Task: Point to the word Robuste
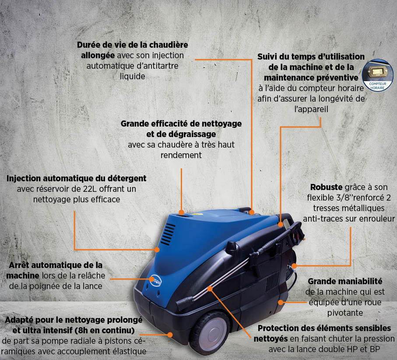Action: (x=326, y=187)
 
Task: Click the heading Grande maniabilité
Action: (x=345, y=281)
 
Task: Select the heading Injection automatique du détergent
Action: (x=77, y=179)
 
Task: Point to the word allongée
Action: (x=98, y=56)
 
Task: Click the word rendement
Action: (x=181, y=155)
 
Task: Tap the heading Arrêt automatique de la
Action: (x=56, y=265)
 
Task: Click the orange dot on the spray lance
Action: (x=210, y=289)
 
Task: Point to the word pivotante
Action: (x=345, y=313)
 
